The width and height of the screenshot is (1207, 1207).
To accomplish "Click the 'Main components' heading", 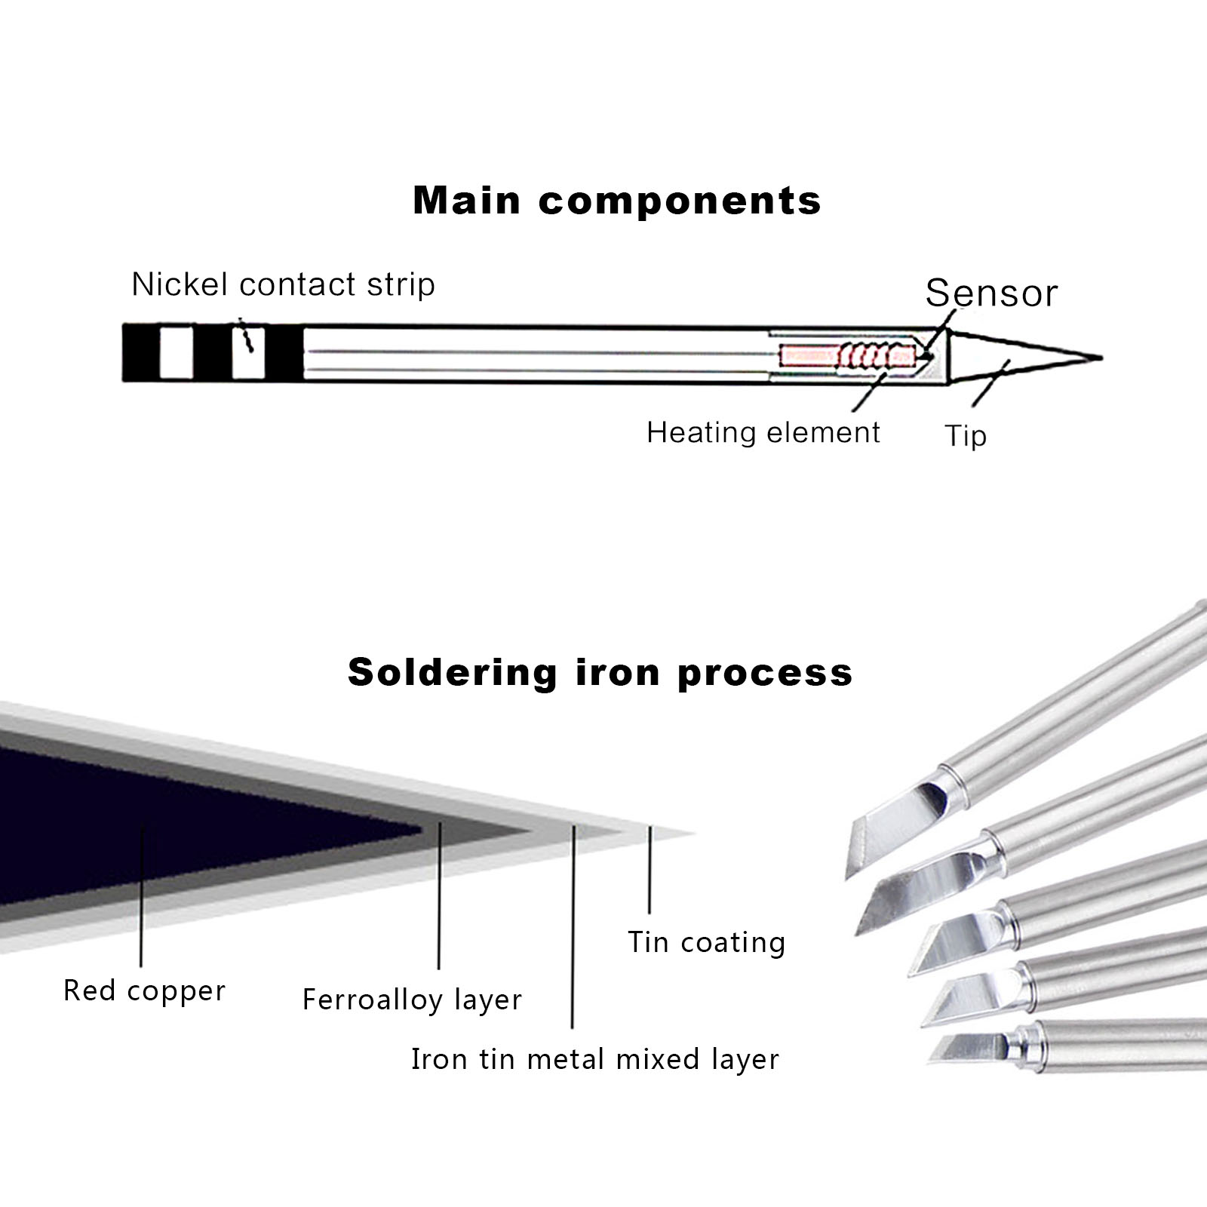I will pyautogui.click(x=616, y=201).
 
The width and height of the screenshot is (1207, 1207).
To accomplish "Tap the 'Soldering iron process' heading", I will pyautogui.click(x=600, y=672).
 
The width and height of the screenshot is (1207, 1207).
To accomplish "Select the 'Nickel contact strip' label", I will pyautogui.click(x=283, y=284).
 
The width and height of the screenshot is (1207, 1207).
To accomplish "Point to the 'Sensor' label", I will pyautogui.click(x=991, y=293).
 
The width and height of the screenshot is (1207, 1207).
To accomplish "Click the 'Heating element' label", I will pyautogui.click(x=763, y=433).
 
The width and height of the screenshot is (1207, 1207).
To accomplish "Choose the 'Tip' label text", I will pyautogui.click(x=966, y=436).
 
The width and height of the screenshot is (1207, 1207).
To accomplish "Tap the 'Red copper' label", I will pyautogui.click(x=144, y=990).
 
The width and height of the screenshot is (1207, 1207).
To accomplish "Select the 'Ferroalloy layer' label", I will pyautogui.click(x=412, y=1000).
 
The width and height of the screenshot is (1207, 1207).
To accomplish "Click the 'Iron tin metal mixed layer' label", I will pyautogui.click(x=594, y=1059).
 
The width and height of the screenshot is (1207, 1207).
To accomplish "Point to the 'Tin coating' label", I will pyautogui.click(x=707, y=942).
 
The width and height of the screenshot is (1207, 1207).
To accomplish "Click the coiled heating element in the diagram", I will pyautogui.click(x=875, y=355).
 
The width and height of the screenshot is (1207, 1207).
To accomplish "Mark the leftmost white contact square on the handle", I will pyautogui.click(x=177, y=352).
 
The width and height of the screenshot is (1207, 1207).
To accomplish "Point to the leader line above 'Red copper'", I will pyautogui.click(x=141, y=898).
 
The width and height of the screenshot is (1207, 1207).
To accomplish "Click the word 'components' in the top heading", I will pyautogui.click(x=680, y=201).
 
